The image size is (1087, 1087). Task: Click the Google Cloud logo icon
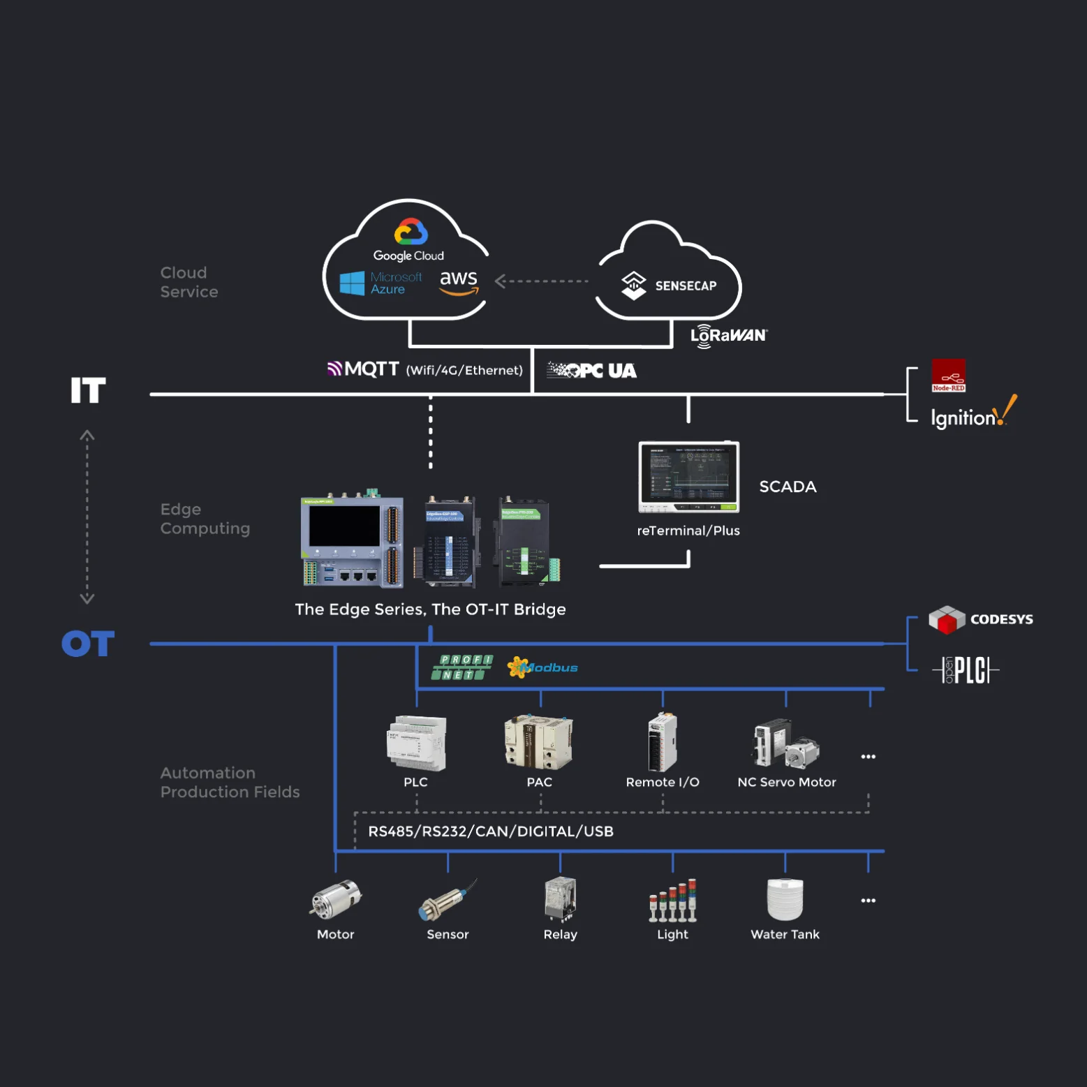(411, 232)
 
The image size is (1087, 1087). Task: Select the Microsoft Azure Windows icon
(352, 283)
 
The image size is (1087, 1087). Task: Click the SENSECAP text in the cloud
(686, 286)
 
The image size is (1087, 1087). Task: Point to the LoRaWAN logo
(728, 336)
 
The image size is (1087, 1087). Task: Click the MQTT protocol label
(364, 369)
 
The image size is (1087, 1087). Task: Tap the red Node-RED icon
(948, 376)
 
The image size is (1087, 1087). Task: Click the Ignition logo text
(963, 417)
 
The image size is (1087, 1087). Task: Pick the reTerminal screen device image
(688, 477)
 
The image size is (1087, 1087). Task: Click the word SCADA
(787, 487)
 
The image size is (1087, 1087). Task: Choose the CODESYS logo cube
(946, 619)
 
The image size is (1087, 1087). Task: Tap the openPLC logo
(966, 670)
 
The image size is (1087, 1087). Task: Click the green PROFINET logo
(462, 667)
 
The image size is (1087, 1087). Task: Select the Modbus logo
(542, 667)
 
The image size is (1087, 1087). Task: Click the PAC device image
(538, 741)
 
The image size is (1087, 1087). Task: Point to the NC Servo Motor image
(785, 744)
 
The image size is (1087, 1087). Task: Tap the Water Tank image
(785, 899)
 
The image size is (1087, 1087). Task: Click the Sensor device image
(447, 901)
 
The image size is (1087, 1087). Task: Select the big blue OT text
(88, 644)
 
